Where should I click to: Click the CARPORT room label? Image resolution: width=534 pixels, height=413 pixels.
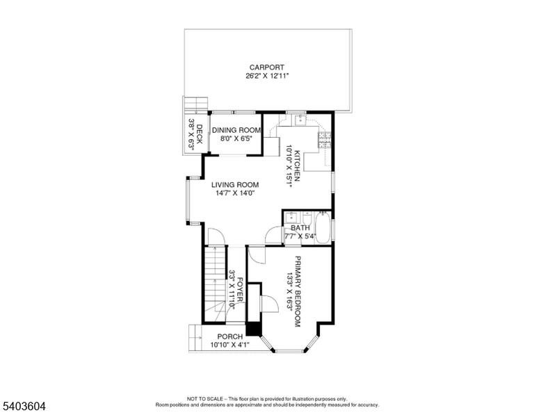pyautogui.click(x=267, y=67)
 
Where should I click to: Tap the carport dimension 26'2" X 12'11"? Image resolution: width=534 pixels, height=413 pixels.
pyautogui.click(x=267, y=76)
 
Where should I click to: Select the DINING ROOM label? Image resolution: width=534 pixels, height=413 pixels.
pyautogui.click(x=236, y=130)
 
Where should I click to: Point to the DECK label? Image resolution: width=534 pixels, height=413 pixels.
pyautogui.click(x=200, y=134)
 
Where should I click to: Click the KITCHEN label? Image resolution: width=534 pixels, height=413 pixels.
pyautogui.click(x=298, y=165)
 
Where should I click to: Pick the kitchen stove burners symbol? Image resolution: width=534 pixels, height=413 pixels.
pyautogui.click(x=325, y=140)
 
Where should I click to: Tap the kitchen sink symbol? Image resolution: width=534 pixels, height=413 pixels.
pyautogui.click(x=300, y=120)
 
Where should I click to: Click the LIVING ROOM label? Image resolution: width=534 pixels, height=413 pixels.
pyautogui.click(x=235, y=185)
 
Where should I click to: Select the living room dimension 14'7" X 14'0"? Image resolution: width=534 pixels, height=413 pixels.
pyautogui.click(x=235, y=193)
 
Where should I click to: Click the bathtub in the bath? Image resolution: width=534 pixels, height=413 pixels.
pyautogui.click(x=323, y=227)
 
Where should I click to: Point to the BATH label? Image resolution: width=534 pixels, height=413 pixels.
pyautogui.click(x=300, y=228)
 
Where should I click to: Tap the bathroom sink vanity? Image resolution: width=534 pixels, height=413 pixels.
pyautogui.click(x=291, y=217)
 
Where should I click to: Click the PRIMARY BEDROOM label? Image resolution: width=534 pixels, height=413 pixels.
pyautogui.click(x=298, y=291)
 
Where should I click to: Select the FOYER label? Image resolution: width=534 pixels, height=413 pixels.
pyautogui.click(x=240, y=289)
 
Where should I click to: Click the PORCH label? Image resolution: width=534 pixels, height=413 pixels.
pyautogui.click(x=230, y=337)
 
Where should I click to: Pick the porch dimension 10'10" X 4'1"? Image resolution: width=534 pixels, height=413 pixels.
pyautogui.click(x=230, y=345)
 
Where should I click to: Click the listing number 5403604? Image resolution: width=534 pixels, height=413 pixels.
pyautogui.click(x=24, y=406)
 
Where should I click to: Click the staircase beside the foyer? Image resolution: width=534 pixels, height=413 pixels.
pyautogui.click(x=215, y=284)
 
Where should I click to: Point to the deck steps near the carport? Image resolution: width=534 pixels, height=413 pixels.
pyautogui.click(x=196, y=104)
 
